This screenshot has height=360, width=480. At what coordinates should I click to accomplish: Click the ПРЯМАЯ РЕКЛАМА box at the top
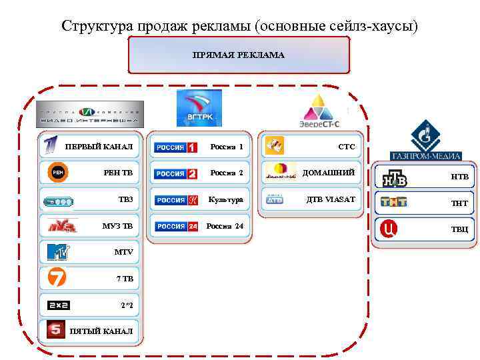click(238, 55)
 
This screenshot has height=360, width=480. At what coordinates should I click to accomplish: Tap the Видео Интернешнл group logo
click(90, 113)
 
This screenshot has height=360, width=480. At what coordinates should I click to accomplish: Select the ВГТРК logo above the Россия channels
click(199, 108)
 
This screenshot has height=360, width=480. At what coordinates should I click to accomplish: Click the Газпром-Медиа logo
click(425, 141)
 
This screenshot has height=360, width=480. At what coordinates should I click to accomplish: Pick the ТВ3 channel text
click(125, 199)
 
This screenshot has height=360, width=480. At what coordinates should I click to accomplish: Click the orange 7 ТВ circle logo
click(56, 277)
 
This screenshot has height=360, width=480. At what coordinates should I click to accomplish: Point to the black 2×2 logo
click(59, 305)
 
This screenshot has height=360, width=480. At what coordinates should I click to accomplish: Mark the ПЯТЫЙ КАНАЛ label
click(101, 331)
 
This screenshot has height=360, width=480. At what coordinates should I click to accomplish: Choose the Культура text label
click(225, 199)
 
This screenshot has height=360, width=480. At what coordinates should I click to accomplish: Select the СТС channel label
click(347, 147)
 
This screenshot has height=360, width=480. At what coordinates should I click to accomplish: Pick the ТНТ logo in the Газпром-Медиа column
click(393, 202)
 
